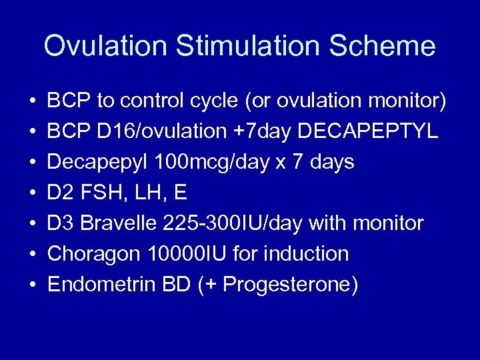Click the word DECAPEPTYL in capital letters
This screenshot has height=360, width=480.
click(368, 131)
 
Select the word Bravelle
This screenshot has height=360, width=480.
click(117, 223)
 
